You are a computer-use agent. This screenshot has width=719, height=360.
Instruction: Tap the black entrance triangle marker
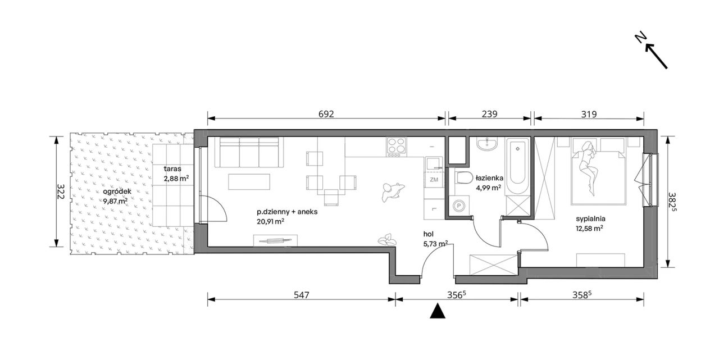click(438, 311)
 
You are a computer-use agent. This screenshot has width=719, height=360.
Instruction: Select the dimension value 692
click(326, 114)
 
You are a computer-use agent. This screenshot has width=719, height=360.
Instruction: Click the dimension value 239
click(489, 114)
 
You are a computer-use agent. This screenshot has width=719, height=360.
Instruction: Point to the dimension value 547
click(302, 295)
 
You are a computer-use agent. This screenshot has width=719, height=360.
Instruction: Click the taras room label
click(172, 169)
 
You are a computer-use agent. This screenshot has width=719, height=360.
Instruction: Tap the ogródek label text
click(117, 192)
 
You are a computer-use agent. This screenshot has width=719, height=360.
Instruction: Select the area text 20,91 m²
click(270, 221)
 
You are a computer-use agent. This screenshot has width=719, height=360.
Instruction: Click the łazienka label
click(489, 178)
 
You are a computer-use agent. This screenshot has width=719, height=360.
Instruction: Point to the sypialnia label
click(590, 219)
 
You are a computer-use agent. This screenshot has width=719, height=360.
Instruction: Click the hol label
click(429, 234)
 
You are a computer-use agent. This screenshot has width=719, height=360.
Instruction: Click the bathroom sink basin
click(487, 144)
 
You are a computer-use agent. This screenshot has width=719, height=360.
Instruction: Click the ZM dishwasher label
click(434, 180)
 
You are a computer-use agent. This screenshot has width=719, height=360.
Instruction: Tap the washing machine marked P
click(459, 206)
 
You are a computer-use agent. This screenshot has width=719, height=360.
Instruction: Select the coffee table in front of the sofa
click(249, 181)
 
